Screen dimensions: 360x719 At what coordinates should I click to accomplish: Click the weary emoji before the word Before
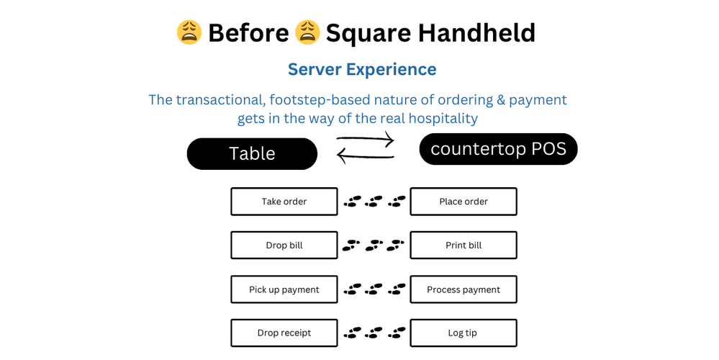tap(189, 32)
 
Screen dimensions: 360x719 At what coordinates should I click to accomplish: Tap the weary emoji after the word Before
tap(307, 32)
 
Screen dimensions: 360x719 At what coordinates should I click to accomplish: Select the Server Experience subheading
tap(362, 69)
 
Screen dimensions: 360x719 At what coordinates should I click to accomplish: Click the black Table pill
tap(252, 153)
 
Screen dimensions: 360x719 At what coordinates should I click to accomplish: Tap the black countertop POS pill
tap(498, 149)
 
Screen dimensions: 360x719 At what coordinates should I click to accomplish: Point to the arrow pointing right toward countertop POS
tap(366, 139)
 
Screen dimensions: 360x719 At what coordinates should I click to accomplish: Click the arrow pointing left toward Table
tap(366, 155)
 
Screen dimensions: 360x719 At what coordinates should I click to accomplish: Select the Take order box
tap(284, 202)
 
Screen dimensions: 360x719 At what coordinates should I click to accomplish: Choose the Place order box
tap(463, 202)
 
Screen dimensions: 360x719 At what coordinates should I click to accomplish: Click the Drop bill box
tap(284, 246)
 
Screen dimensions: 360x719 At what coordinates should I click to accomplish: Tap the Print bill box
tap(463, 246)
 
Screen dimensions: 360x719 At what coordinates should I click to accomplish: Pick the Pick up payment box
tap(284, 289)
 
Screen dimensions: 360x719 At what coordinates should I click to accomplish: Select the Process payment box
tap(463, 289)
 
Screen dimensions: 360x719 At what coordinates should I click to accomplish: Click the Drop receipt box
tap(284, 333)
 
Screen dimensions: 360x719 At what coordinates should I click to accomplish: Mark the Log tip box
tap(463, 333)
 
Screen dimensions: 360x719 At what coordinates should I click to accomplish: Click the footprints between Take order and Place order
tap(374, 202)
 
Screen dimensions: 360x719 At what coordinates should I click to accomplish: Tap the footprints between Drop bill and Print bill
tap(374, 246)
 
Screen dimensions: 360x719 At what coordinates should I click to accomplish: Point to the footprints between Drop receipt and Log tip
tap(374, 333)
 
